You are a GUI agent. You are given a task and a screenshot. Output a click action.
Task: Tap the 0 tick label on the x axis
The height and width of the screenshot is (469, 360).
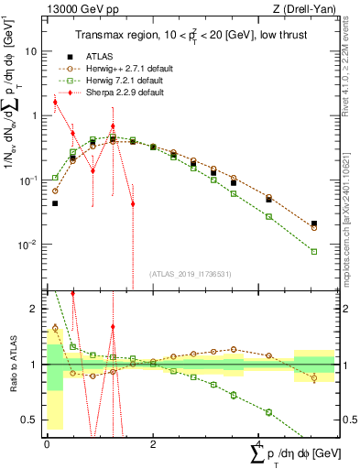[47, 443]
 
